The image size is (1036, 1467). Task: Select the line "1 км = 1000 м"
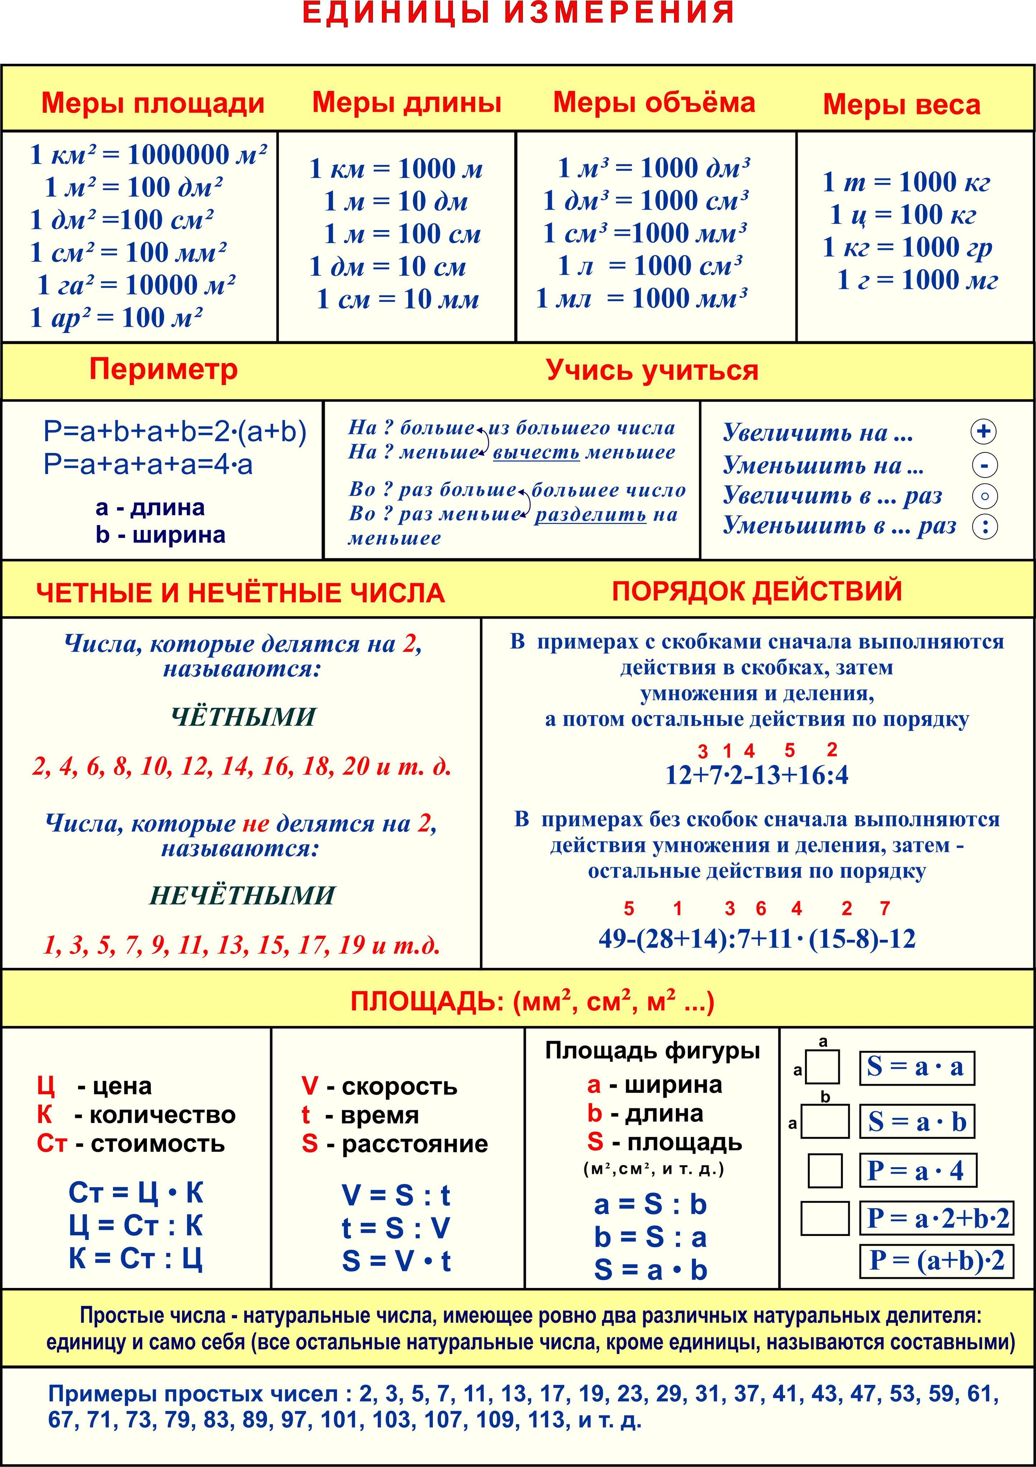pos(396,169)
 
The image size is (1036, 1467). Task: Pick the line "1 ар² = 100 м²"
pos(116,318)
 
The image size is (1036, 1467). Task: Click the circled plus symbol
pos(984,432)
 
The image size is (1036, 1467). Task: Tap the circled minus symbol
pos(984,465)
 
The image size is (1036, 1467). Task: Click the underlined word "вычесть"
pos(536,453)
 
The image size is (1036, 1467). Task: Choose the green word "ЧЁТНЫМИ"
pos(243,717)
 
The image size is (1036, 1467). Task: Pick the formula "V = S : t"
pos(396,1195)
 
